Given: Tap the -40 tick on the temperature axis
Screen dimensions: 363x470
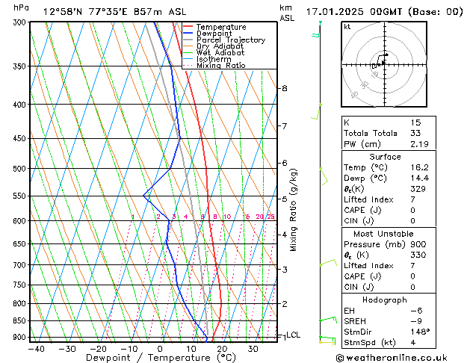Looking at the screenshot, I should click(36, 348).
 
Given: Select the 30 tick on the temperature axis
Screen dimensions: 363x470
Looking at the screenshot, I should click(253, 348).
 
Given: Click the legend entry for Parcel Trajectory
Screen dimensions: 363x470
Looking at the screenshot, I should click(230, 40).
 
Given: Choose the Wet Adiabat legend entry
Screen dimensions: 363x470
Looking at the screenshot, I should click(220, 53).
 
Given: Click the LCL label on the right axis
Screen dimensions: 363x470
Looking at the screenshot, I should click(294, 335).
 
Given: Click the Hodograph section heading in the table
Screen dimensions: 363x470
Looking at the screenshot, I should click(385, 299).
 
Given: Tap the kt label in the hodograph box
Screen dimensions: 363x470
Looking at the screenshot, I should click(347, 26).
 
